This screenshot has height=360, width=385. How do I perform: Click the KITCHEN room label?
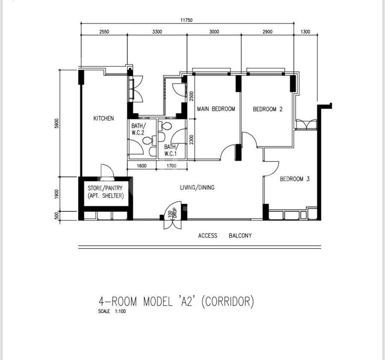(104, 119)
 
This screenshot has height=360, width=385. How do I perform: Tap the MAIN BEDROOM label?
(216, 109)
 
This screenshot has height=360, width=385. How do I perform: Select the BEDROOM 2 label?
(268, 109)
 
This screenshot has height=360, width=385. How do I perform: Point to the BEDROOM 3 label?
(295, 179)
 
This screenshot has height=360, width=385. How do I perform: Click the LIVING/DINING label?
(197, 187)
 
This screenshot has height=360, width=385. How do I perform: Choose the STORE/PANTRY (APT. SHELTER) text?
(105, 192)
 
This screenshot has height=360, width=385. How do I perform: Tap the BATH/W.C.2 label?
(138, 129)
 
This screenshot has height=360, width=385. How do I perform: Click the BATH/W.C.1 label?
(171, 150)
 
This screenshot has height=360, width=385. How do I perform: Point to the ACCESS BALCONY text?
(225, 236)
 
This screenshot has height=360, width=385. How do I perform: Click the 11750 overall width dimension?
(187, 20)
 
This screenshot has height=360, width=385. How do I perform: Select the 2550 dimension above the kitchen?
(104, 32)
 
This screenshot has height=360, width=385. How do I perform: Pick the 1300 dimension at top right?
(305, 32)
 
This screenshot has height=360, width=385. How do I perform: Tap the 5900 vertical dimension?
(57, 123)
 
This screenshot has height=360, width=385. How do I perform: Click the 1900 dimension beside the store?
(57, 194)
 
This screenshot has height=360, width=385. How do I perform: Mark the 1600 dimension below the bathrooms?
(142, 166)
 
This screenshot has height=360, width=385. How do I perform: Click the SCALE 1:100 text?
(112, 311)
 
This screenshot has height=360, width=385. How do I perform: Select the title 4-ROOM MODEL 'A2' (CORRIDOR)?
(176, 301)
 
